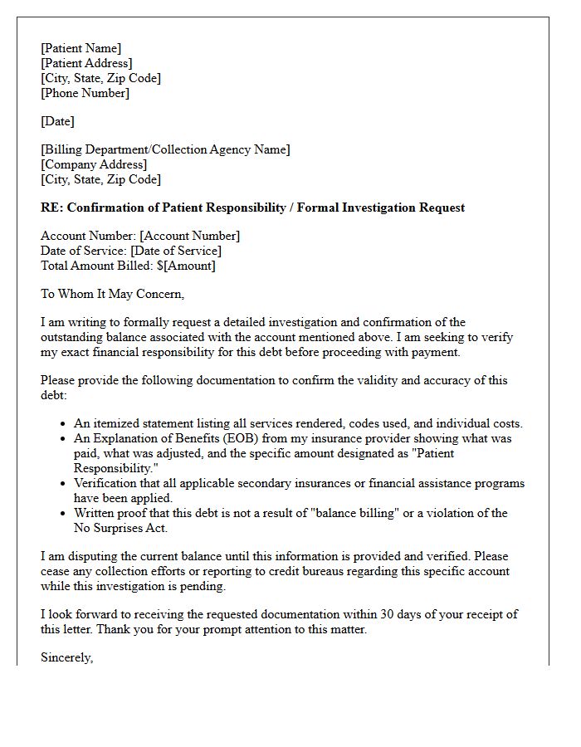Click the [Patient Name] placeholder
81,48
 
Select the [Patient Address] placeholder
86,63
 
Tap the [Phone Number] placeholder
85,93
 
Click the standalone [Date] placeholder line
57,121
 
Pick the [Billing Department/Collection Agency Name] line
165,149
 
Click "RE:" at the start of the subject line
51,207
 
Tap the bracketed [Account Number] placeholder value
189,236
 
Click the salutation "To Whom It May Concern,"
112,294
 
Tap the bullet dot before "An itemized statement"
64,424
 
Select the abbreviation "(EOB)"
241,438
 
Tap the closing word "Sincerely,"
67,657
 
